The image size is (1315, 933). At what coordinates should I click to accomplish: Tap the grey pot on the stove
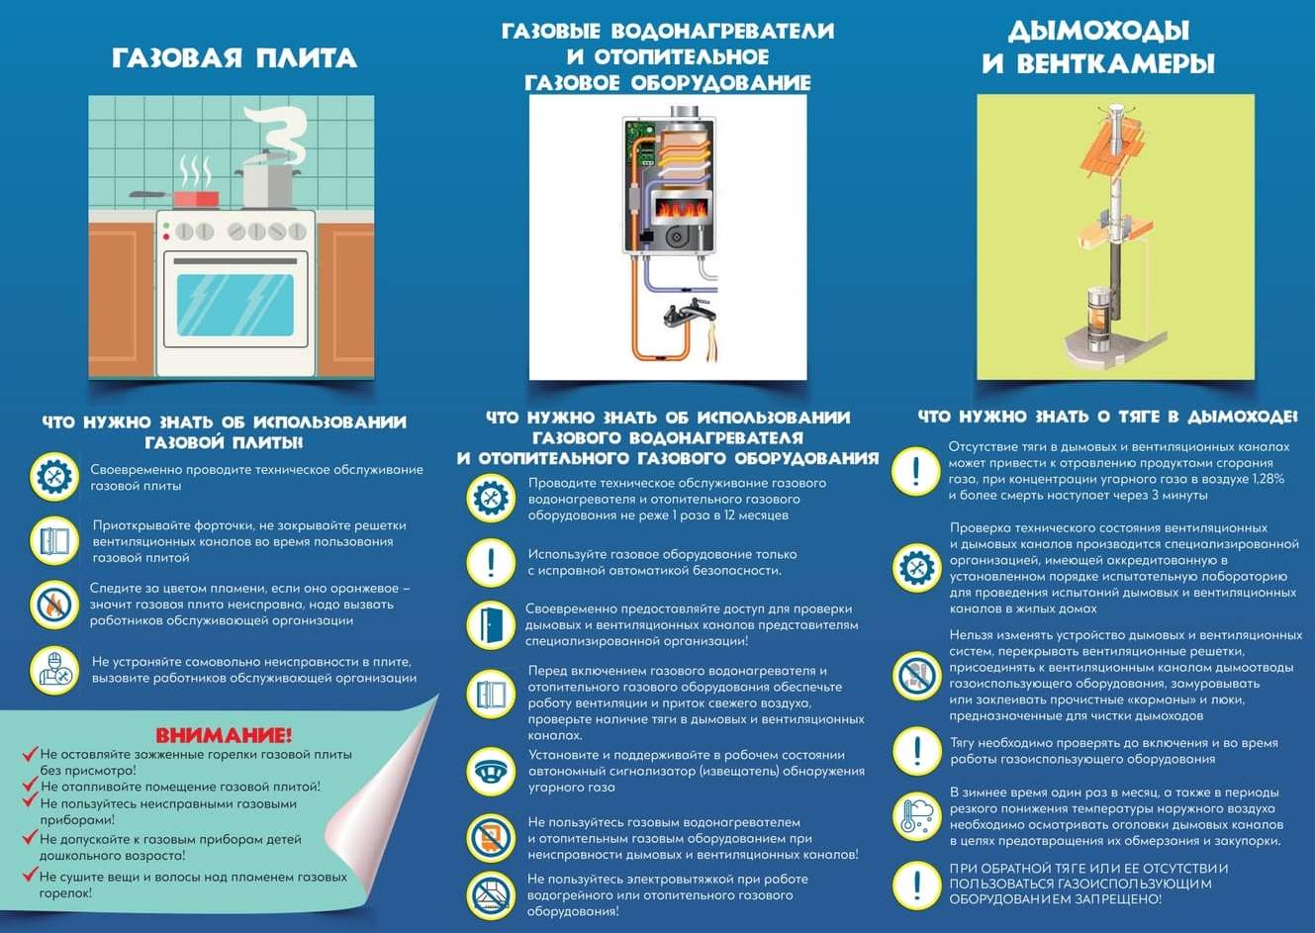(x=268, y=180)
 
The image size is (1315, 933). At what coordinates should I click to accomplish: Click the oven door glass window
(x=235, y=305)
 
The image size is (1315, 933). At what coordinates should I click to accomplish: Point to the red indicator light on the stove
(x=166, y=237)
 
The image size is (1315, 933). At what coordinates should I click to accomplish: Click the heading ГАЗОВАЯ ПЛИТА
(x=235, y=58)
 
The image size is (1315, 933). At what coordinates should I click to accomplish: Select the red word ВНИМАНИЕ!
(x=224, y=734)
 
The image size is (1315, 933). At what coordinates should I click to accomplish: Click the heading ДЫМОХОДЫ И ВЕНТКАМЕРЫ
(x=1098, y=47)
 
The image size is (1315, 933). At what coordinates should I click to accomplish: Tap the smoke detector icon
(x=490, y=772)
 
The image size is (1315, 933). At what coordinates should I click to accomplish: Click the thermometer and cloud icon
(x=916, y=816)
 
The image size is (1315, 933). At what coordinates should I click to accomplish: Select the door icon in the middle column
(x=490, y=624)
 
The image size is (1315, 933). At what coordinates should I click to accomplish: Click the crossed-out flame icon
(x=54, y=605)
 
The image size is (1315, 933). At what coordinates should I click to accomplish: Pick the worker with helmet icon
(x=54, y=670)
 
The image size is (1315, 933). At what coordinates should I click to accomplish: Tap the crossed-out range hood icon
(x=490, y=894)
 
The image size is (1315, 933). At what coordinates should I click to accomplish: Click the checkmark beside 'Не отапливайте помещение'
(x=31, y=785)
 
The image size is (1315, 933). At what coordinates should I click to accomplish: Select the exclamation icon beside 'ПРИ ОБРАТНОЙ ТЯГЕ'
(x=916, y=885)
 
